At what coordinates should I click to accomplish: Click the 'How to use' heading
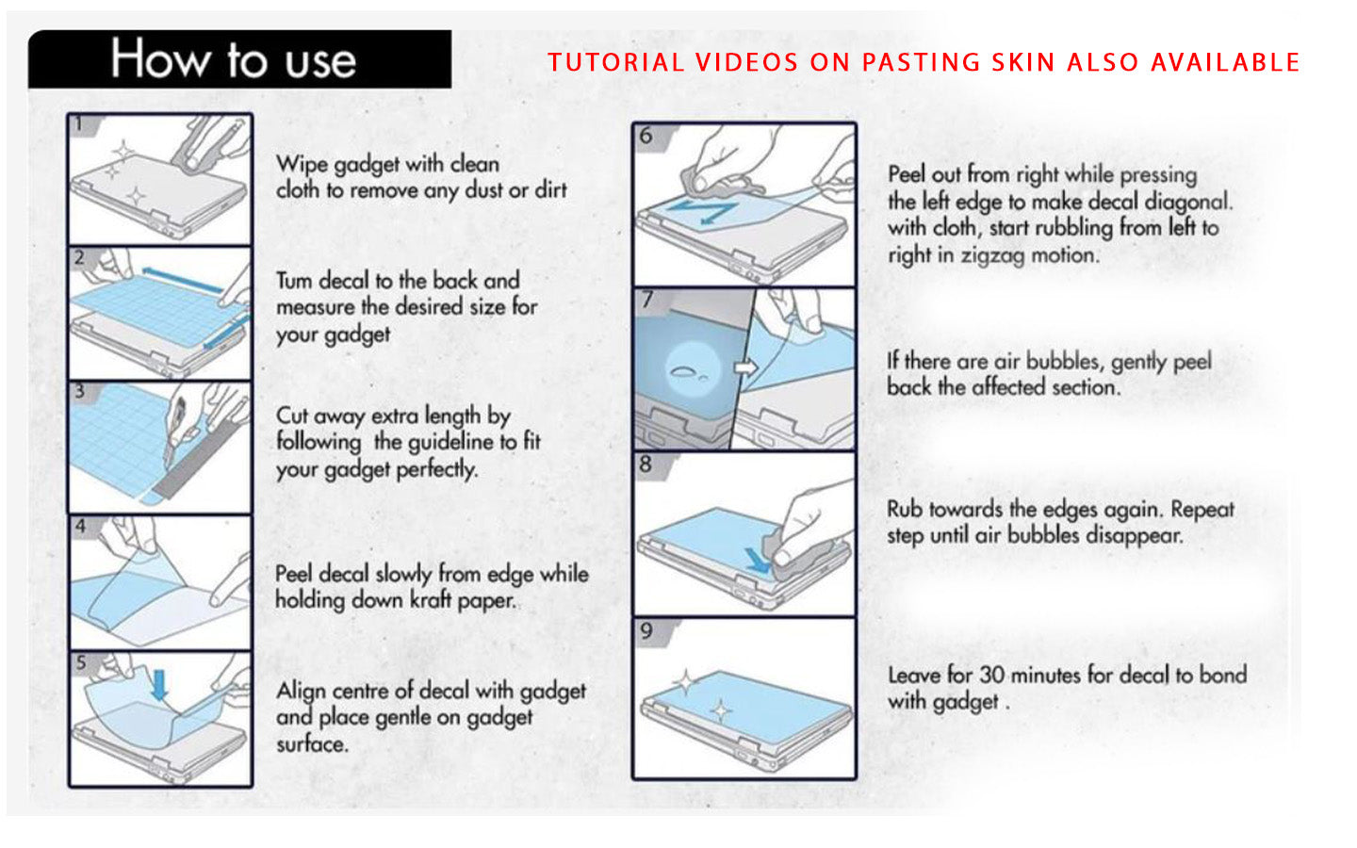pyautogui.click(x=233, y=59)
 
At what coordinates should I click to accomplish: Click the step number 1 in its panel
pyautogui.click(x=79, y=124)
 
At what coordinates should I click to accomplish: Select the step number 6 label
pyautogui.click(x=646, y=136)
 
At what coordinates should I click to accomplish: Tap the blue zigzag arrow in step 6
pyautogui.click(x=706, y=210)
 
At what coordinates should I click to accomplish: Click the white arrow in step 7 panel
pyautogui.click(x=745, y=367)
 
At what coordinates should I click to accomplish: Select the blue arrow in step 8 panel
pyautogui.click(x=756, y=561)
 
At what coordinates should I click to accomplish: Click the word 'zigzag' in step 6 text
pyautogui.click(x=991, y=255)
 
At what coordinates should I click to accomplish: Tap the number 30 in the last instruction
pyautogui.click(x=991, y=675)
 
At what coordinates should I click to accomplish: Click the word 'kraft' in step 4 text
pyautogui.click(x=431, y=600)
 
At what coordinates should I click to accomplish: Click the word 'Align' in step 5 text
pyautogui.click(x=301, y=691)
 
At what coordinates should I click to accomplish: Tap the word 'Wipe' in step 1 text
pyautogui.click(x=302, y=164)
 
